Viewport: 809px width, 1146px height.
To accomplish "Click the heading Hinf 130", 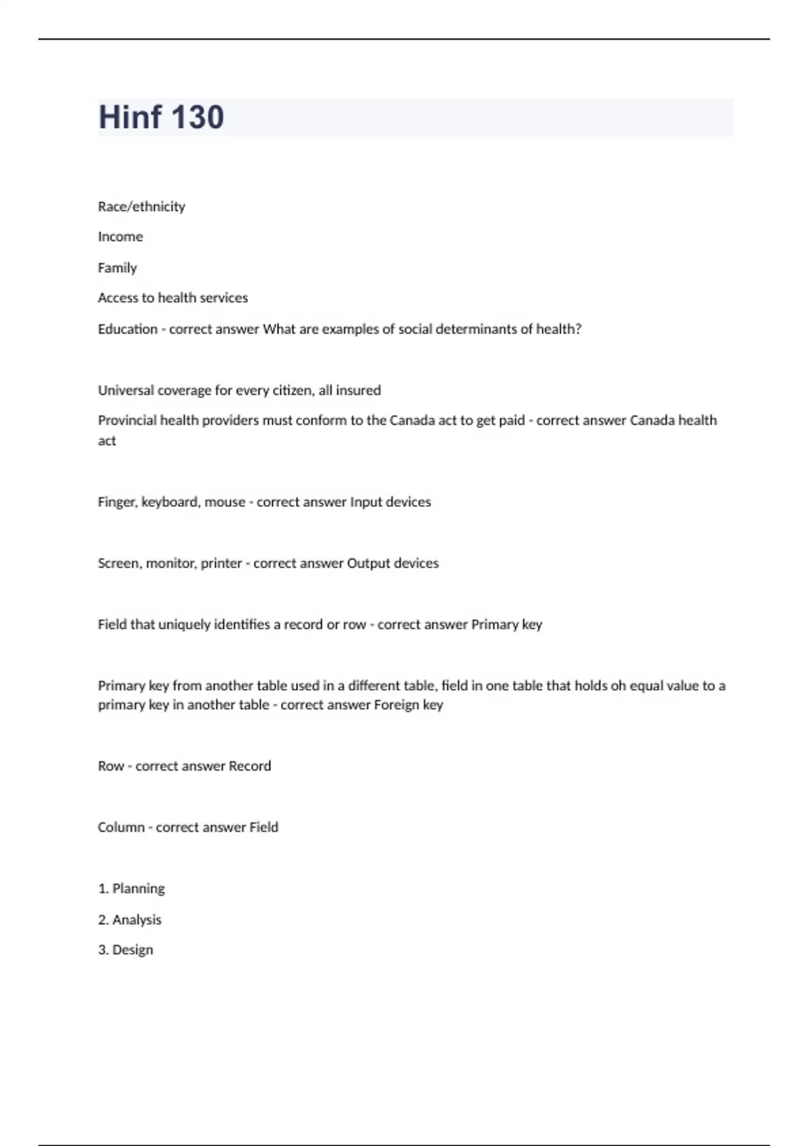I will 161,117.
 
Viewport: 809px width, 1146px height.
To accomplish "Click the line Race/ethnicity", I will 142,206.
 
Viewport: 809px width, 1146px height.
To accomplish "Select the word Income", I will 120,237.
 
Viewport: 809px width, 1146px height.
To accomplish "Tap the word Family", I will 117,268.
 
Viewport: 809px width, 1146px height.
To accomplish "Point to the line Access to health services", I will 173,298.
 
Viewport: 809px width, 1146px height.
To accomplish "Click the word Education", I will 127,329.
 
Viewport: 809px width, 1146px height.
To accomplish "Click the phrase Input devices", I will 390,502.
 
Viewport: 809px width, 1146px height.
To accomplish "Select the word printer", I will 221,564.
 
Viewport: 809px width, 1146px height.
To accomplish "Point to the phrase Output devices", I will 392,564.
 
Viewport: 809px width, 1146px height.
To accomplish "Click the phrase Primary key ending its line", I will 506,625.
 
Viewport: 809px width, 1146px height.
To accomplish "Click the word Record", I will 249,766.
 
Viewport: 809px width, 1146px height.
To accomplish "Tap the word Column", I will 121,828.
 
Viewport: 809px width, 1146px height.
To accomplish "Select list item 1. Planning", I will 131,889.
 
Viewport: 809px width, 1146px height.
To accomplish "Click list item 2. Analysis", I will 129,920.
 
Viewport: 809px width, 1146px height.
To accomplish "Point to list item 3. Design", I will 125,950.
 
